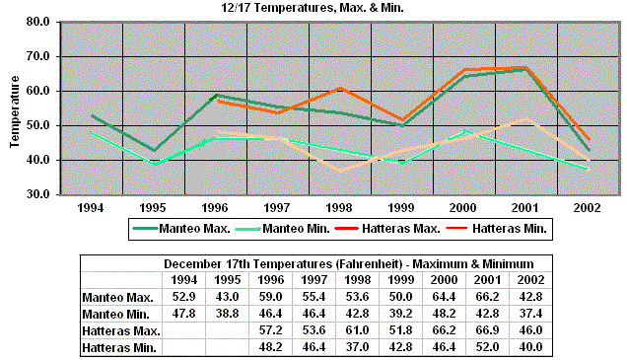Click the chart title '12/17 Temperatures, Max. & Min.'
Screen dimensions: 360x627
point(313,8)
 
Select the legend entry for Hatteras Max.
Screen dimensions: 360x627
point(389,229)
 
